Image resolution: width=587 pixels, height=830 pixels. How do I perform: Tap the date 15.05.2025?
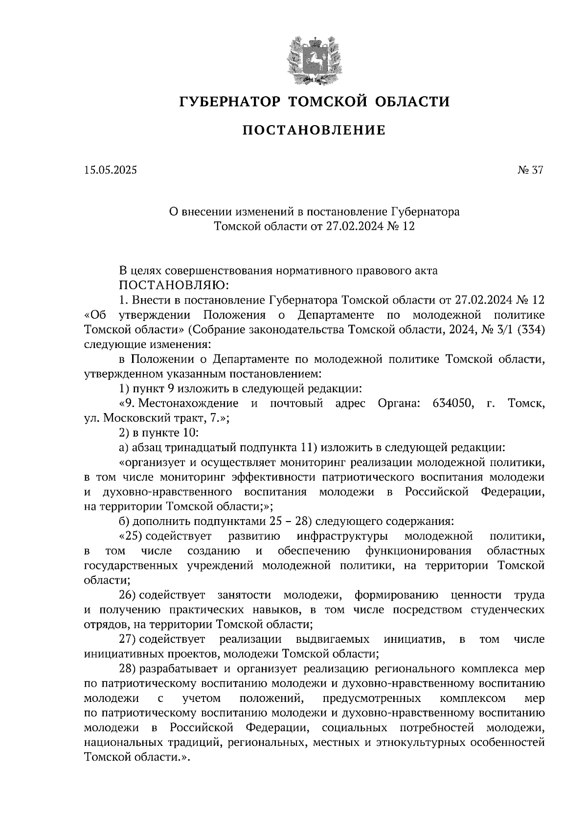[111, 170]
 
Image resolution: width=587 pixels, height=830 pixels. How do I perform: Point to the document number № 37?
[530, 170]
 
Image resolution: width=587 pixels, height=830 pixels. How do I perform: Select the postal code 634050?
[452, 403]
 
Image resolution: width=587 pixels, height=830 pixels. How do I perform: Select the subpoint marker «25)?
[130, 536]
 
